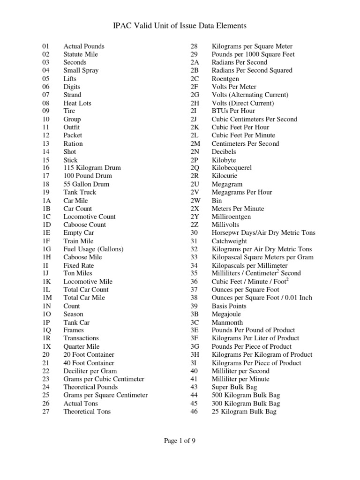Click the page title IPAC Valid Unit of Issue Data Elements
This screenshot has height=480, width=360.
(180, 26)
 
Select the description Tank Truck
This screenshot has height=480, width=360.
(80, 192)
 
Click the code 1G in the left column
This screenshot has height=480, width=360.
(46, 249)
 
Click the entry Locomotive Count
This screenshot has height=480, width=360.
(90, 217)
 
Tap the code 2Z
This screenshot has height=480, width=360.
(195, 225)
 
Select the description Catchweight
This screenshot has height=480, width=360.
(229, 241)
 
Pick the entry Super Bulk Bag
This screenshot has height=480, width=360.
(233, 387)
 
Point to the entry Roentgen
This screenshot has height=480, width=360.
(225, 79)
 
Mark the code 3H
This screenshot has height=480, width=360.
(195, 355)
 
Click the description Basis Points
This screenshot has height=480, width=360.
(229, 306)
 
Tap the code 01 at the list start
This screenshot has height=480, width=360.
(45, 46)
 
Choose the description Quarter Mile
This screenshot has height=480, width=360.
(82, 346)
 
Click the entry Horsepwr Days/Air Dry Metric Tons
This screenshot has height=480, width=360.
(263, 233)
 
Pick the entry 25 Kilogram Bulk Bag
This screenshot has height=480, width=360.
(244, 412)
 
